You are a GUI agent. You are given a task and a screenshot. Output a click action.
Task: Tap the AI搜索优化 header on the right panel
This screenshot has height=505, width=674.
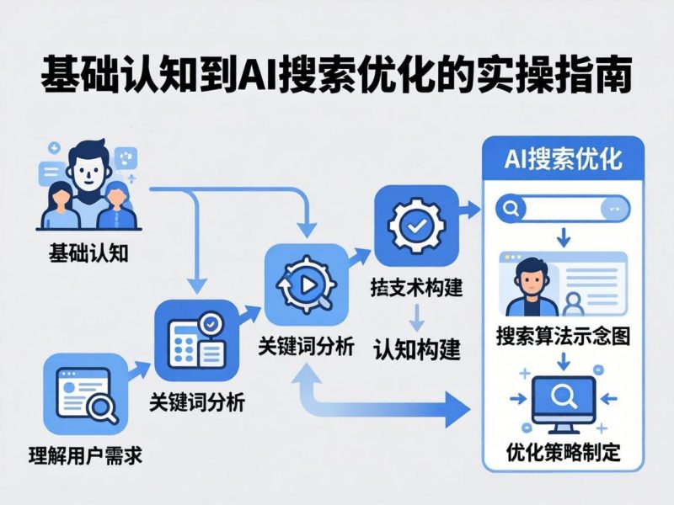coord(562,160)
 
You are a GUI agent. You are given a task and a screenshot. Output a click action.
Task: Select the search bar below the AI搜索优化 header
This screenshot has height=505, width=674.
coord(562,207)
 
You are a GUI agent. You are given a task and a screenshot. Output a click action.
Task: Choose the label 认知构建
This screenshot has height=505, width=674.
coord(417,348)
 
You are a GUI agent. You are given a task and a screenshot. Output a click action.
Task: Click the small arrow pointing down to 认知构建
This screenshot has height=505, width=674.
coord(415,318)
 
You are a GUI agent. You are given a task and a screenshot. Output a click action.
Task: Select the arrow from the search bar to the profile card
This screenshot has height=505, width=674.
coord(563,237)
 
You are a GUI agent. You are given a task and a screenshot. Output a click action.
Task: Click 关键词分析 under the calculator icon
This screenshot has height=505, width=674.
coord(196,402)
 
